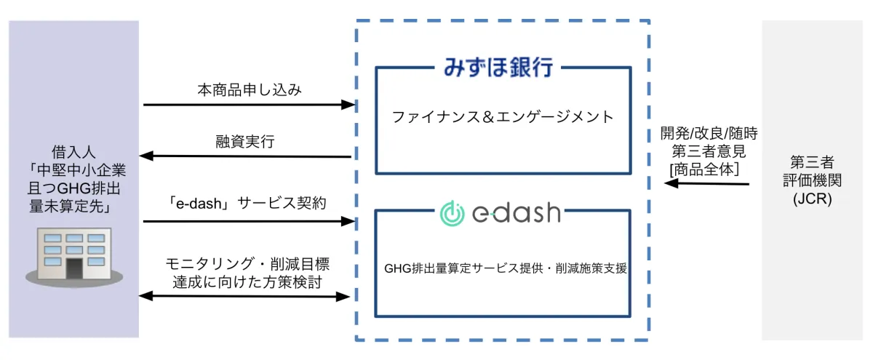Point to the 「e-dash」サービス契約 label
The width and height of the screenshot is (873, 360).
point(248,203)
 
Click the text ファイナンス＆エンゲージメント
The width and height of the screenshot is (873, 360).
point(503,116)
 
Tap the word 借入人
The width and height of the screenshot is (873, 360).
point(74,153)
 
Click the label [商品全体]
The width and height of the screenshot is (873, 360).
point(705,169)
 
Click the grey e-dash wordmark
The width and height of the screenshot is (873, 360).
point(519,213)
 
